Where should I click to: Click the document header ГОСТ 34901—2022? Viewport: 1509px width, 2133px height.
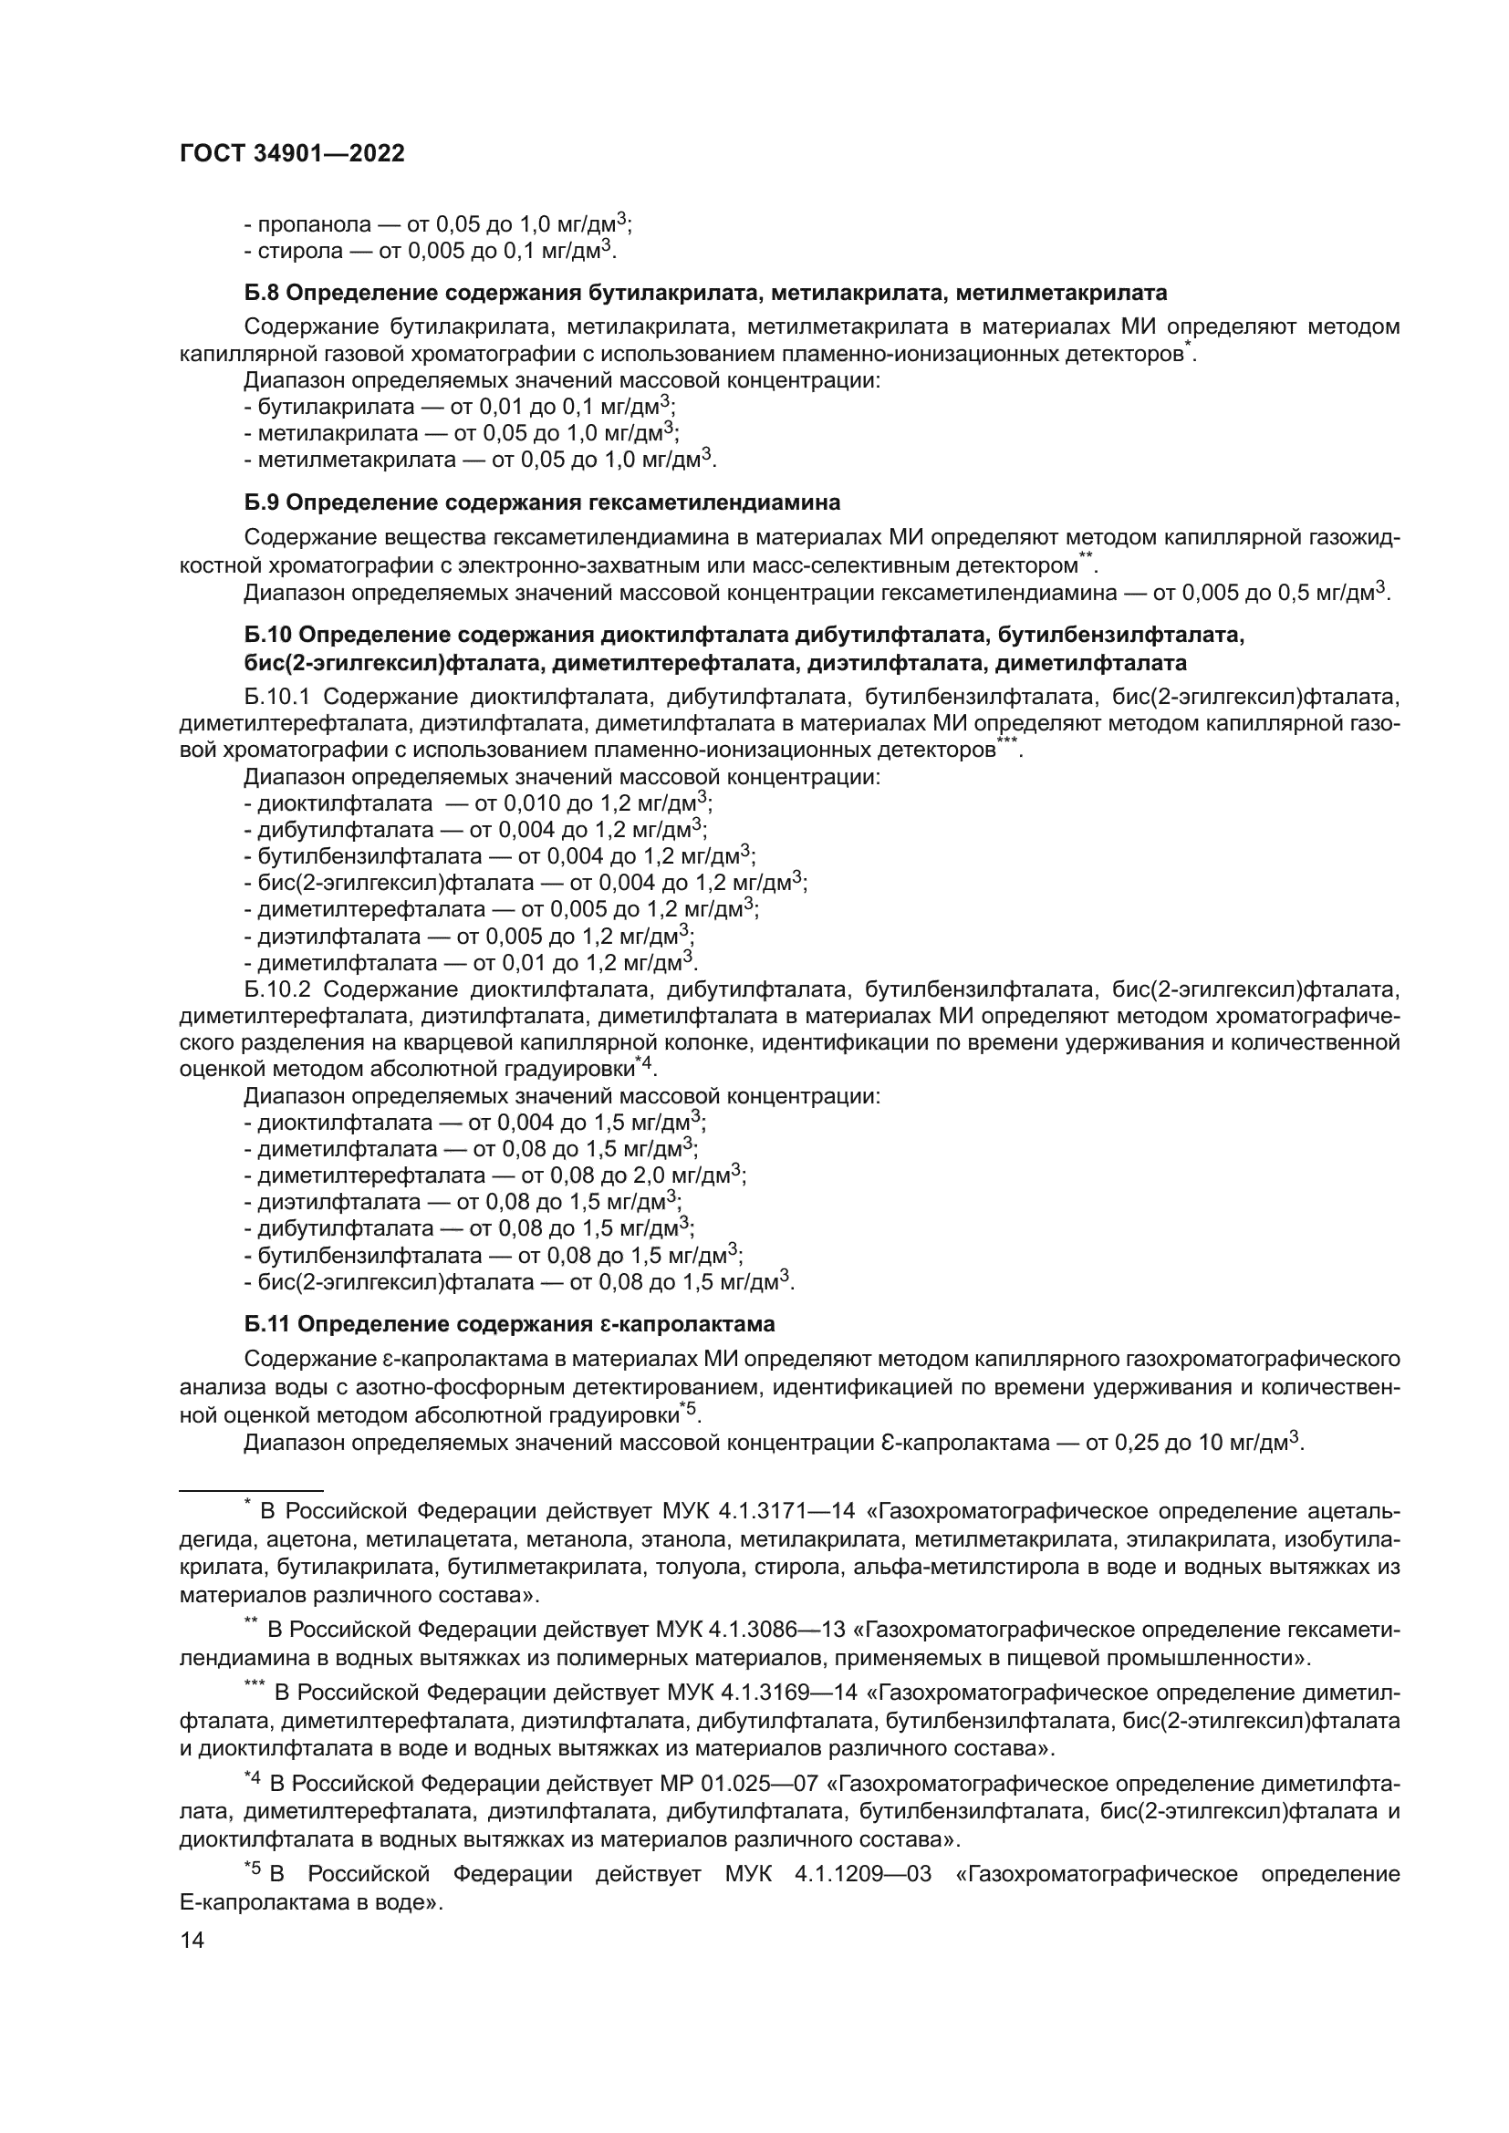[292, 154]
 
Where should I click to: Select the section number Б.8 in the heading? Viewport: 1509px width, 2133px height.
[261, 294]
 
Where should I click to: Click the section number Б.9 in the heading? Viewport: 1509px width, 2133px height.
[261, 502]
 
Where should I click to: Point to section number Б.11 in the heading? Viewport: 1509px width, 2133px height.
[265, 1323]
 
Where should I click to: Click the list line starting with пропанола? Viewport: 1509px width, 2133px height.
[437, 225]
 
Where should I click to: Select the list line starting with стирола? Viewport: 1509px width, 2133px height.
[430, 251]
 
